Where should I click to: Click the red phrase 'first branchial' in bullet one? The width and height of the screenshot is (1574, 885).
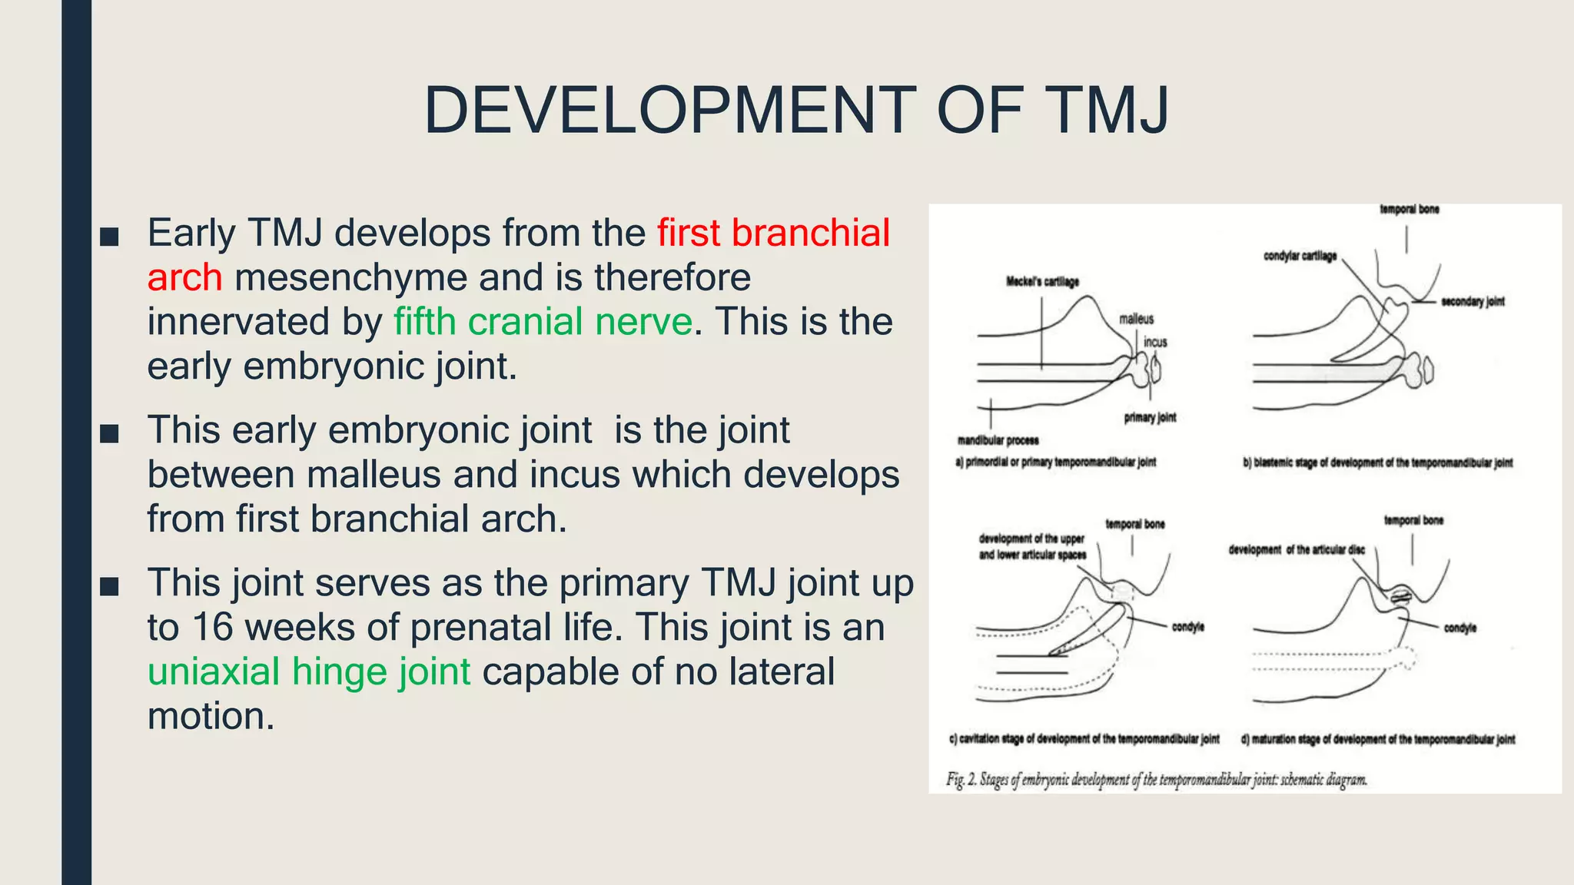coord(773,233)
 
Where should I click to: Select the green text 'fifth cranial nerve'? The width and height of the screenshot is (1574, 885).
coord(543,322)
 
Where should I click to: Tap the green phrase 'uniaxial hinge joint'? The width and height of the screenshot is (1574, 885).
coord(309,671)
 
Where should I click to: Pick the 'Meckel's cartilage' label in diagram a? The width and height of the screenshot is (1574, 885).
coord(1042,282)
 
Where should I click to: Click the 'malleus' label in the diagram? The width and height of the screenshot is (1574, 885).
coord(1136,319)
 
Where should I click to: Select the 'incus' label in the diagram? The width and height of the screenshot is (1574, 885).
coord(1155,342)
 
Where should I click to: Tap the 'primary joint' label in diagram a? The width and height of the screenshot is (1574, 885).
coord(1150,418)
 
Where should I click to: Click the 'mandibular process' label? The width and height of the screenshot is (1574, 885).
coord(998,440)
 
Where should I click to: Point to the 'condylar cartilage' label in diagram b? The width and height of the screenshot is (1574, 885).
coord(1300,256)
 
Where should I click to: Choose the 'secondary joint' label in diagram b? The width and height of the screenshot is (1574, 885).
coord(1472,302)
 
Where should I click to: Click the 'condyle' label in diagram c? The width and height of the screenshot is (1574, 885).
coord(1187,628)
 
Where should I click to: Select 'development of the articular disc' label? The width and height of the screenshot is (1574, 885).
coord(1297,550)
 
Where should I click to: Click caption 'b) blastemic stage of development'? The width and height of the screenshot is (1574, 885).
coord(1377,463)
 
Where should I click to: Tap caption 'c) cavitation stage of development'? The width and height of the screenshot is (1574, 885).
coord(1084,739)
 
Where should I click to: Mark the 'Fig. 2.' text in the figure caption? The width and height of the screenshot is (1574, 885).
coord(961,781)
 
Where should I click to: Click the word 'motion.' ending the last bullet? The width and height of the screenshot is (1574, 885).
coord(211,717)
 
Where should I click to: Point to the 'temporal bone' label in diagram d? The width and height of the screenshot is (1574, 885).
coord(1413,521)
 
